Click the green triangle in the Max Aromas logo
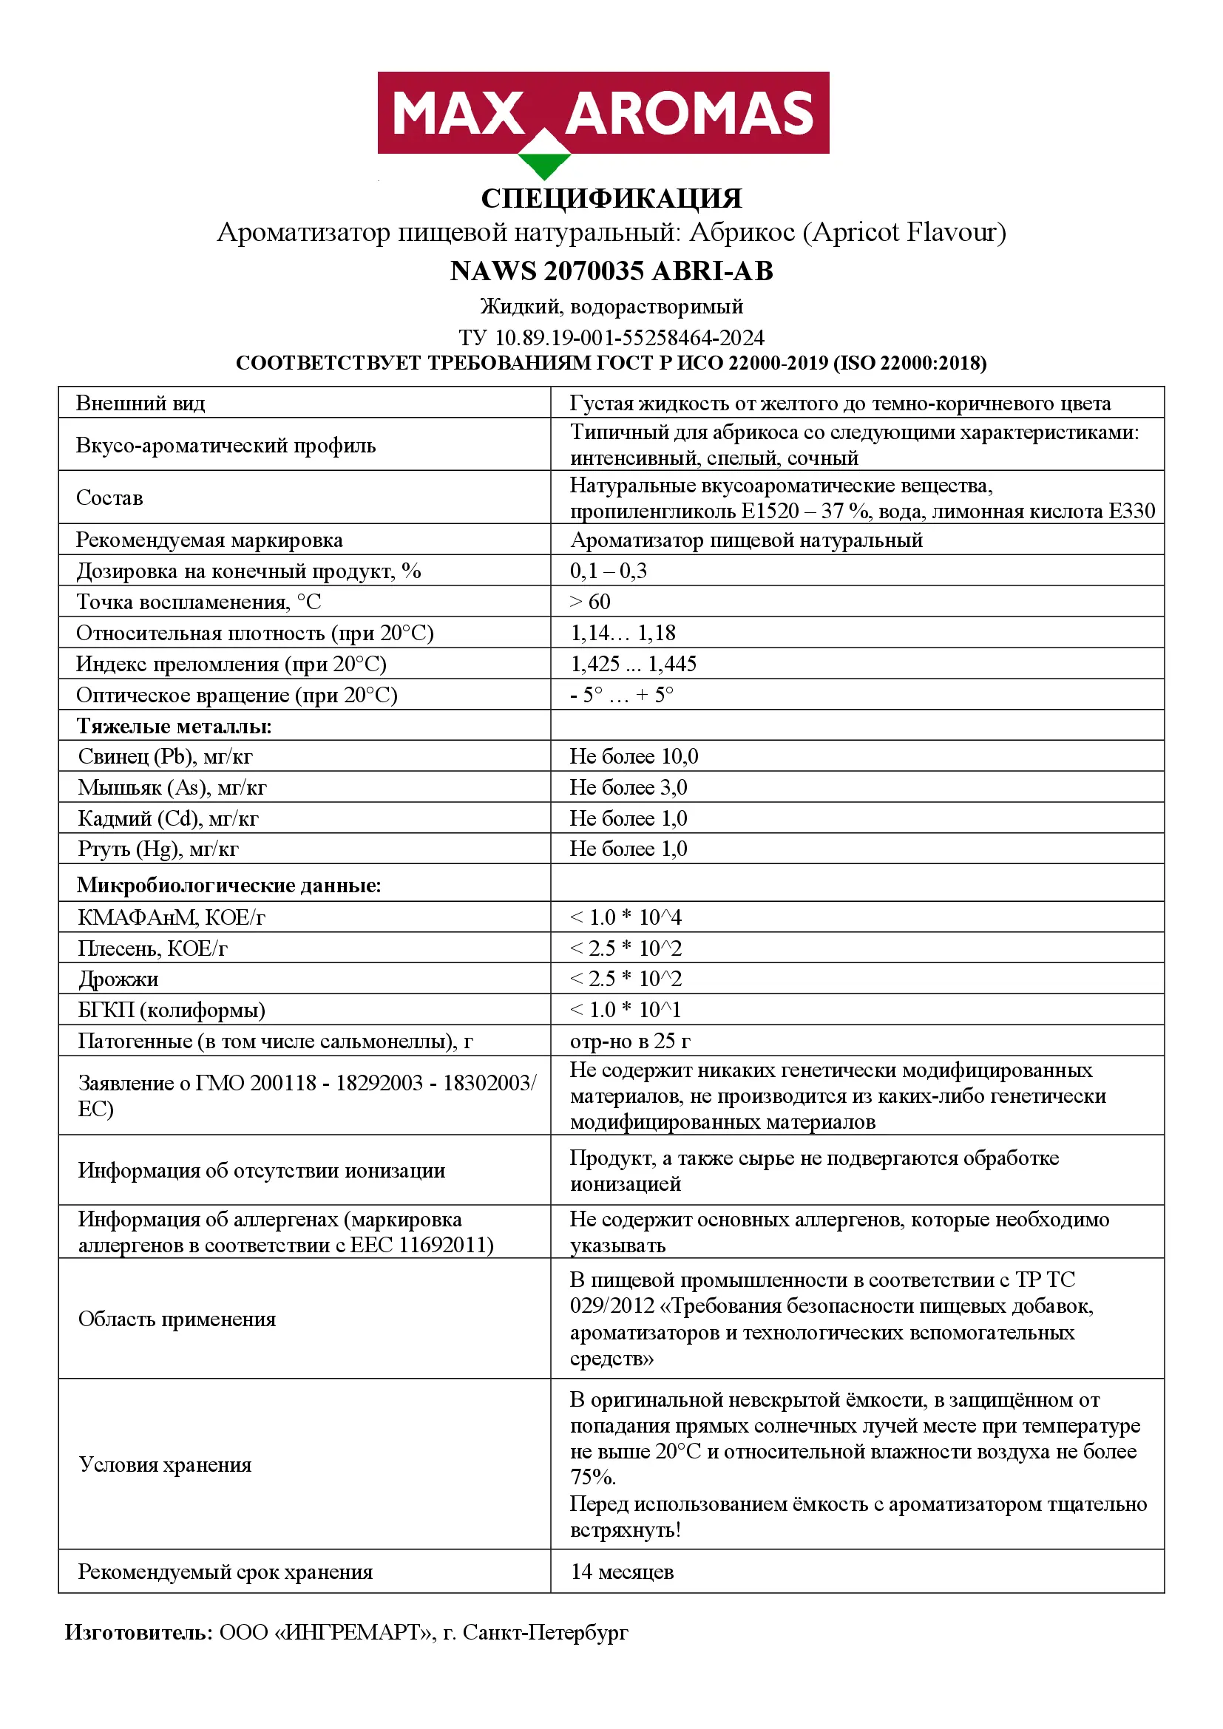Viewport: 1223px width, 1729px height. click(544, 165)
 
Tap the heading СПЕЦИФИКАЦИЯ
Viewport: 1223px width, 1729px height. click(611, 199)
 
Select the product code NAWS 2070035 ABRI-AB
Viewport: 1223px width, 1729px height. click(611, 271)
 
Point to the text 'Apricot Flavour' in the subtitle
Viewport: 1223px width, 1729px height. click(904, 233)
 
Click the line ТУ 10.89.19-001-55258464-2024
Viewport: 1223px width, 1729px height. click(611, 337)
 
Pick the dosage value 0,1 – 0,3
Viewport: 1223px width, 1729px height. click(608, 571)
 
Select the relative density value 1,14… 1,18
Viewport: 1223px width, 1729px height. click(623, 633)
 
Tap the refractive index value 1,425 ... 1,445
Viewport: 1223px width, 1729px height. click(634, 663)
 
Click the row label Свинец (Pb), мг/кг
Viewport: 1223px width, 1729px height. click(166, 756)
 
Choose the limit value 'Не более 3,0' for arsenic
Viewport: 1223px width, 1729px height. click(628, 787)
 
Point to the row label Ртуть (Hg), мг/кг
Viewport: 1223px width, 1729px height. click(158, 849)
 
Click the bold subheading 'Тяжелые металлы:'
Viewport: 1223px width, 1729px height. click(174, 726)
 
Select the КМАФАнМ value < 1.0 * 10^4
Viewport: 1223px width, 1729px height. click(626, 917)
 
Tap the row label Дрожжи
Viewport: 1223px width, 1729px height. click(118, 979)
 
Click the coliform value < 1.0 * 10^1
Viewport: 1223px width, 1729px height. click(626, 1010)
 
